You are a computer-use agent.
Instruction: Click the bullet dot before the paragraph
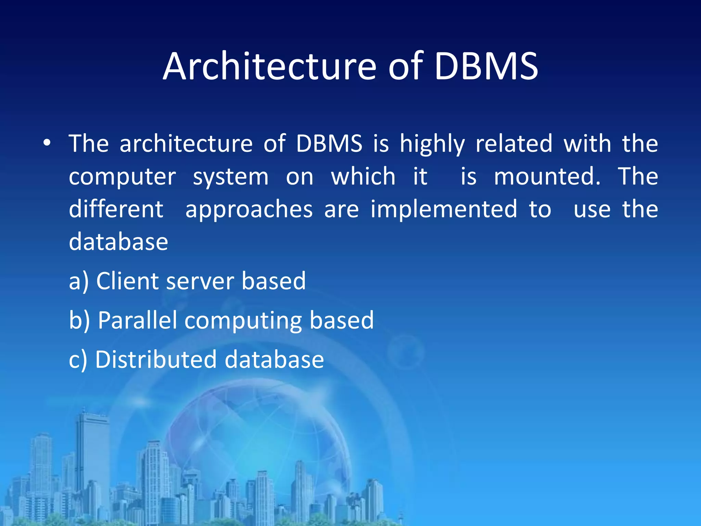pyautogui.click(x=47, y=143)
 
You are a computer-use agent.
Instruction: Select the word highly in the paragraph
pyautogui.click(x=432, y=144)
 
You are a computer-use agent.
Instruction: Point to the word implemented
pyautogui.click(x=444, y=210)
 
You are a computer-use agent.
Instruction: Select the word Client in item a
pyautogui.click(x=127, y=281)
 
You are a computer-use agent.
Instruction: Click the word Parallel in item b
pyautogui.click(x=137, y=320)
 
